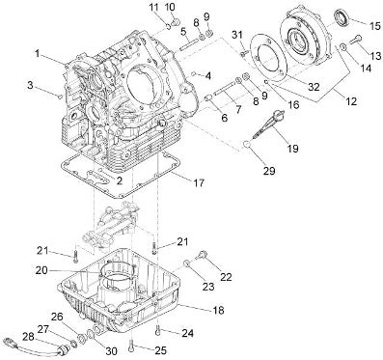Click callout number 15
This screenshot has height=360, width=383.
[x=374, y=26]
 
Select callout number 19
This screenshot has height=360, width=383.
[x=293, y=148]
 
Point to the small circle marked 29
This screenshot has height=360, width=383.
[x=247, y=145]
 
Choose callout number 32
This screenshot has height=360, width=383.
[x=314, y=86]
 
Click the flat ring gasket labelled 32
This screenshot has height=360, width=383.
[x=267, y=55]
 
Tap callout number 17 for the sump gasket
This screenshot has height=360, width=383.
[x=199, y=182]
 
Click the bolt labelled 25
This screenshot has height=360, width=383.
[x=131, y=346]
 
